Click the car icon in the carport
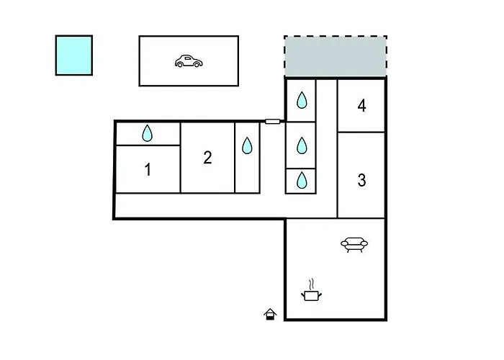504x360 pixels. click(x=189, y=61)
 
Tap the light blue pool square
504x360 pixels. click(x=74, y=55)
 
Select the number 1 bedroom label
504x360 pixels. click(x=148, y=169)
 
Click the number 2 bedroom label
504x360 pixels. click(x=207, y=158)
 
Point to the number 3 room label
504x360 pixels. click(x=361, y=180)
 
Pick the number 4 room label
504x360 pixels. click(x=362, y=105)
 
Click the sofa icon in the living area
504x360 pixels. click(x=354, y=245)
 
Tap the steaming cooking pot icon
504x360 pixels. click(x=311, y=290)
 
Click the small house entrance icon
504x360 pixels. click(x=270, y=314)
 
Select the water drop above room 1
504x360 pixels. click(x=147, y=133)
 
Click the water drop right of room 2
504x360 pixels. click(x=247, y=145)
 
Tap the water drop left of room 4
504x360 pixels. click(x=302, y=100)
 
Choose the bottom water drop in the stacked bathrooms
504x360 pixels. click(x=302, y=180)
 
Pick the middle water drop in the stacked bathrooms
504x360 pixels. click(x=302, y=145)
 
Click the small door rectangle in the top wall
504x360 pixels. click(x=273, y=121)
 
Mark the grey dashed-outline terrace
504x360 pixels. click(x=336, y=56)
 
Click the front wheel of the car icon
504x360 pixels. click(x=197, y=65)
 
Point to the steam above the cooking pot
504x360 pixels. click(x=311, y=284)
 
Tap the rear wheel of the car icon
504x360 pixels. click(x=180, y=65)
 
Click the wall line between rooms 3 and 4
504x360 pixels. click(x=361, y=132)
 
